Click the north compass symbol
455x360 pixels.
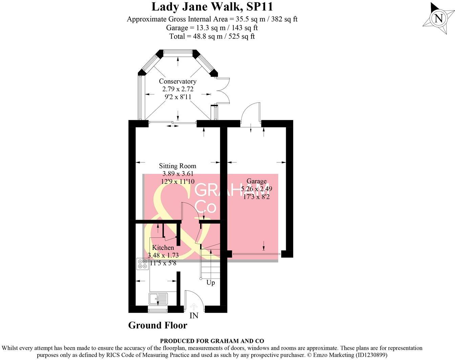tap(438, 18)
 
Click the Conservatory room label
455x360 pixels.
tap(177, 81)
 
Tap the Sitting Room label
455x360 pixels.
tap(177, 166)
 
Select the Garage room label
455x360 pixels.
tap(256, 181)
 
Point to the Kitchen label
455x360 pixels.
tap(163, 248)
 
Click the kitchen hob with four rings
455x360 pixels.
tap(142, 264)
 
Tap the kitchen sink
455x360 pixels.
tap(158, 299)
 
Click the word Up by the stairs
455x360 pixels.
tap(211, 283)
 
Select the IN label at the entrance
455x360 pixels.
tap(194, 316)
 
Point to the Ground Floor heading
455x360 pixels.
tap(157, 325)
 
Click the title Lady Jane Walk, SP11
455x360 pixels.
tap(212, 7)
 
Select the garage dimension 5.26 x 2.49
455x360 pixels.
tap(256, 189)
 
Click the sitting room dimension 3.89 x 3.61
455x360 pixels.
tap(177, 174)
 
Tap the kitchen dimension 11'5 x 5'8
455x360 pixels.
tap(163, 263)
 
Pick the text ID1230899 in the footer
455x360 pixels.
tap(370, 355)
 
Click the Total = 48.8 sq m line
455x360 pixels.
tap(212, 36)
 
